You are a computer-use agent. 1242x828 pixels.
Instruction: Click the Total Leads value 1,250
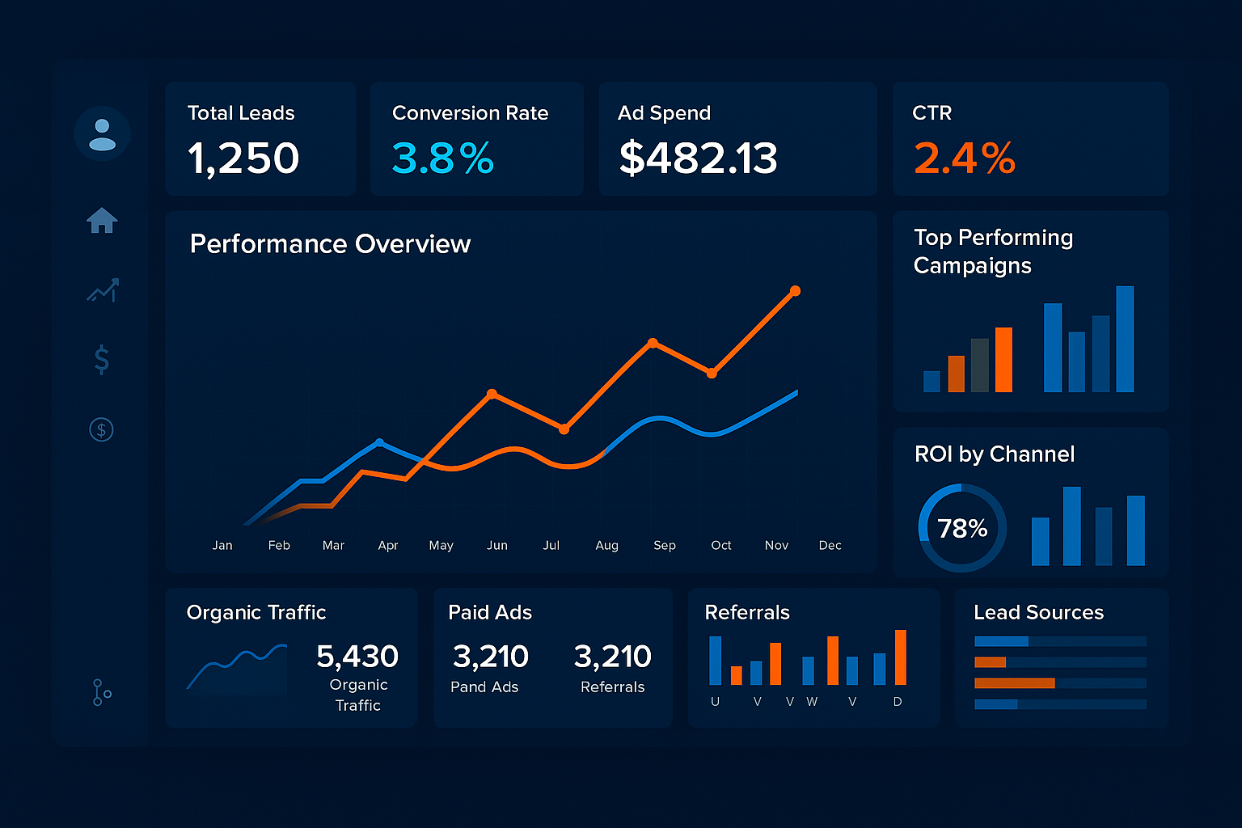click(x=243, y=158)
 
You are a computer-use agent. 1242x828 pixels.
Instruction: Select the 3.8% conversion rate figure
click(x=442, y=158)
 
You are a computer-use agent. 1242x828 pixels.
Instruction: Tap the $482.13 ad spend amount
click(x=698, y=158)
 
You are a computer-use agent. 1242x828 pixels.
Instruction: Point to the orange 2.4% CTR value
click(x=964, y=158)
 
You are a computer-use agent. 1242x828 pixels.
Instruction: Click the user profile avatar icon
click(x=102, y=133)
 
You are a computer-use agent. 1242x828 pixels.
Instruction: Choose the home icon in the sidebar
click(x=102, y=220)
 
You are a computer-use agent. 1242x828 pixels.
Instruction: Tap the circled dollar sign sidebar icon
click(x=101, y=429)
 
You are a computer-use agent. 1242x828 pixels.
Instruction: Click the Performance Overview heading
click(x=330, y=244)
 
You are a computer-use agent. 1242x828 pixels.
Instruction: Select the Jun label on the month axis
click(x=497, y=546)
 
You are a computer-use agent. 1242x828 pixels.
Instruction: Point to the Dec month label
click(x=830, y=546)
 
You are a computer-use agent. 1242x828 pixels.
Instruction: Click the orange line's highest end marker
click(x=795, y=291)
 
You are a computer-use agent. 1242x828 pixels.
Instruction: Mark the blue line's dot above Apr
click(x=379, y=442)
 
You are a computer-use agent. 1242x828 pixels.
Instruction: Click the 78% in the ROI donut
click(x=962, y=529)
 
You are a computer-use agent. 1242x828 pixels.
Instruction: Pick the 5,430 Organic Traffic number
click(x=357, y=657)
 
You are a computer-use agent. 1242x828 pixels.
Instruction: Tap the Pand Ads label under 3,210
click(x=484, y=687)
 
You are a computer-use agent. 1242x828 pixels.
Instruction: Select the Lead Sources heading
click(x=1038, y=613)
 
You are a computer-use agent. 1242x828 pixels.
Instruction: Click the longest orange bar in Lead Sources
click(x=1015, y=683)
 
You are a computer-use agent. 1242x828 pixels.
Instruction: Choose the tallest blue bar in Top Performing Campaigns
click(x=1125, y=339)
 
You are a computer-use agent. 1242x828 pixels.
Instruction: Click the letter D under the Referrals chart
click(x=898, y=702)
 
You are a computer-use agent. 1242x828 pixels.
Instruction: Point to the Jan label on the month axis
click(x=222, y=546)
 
